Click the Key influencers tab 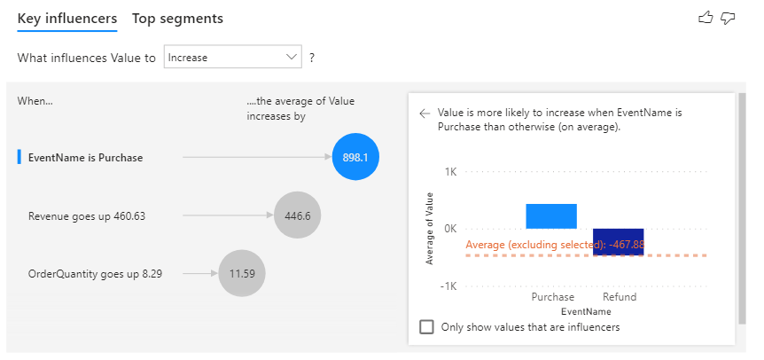tap(66, 19)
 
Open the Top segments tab tap(177, 19)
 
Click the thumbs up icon tap(706, 18)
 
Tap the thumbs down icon tap(729, 18)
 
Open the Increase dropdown tap(233, 58)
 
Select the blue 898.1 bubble tap(361, 157)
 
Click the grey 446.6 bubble tap(297, 215)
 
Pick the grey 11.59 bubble tap(242, 273)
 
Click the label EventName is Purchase tap(85, 158)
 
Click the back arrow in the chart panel tap(425, 113)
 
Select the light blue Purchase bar tap(551, 216)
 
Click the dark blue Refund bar tap(618, 241)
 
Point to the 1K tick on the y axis tap(450, 171)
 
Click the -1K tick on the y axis tap(448, 286)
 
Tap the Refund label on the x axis tap(619, 297)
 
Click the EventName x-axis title tap(585, 311)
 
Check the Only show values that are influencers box tap(427, 326)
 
